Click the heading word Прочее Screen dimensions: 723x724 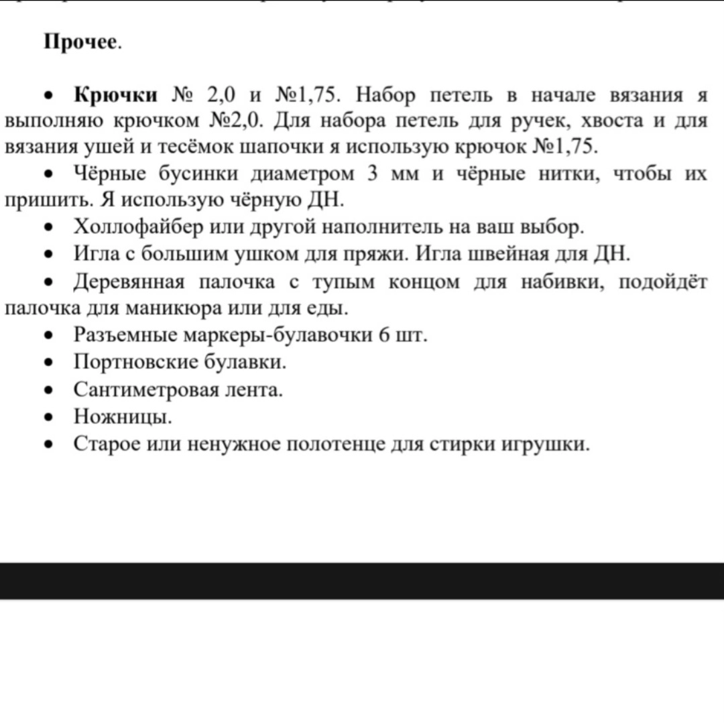pyautogui.click(x=82, y=43)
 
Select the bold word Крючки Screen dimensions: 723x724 pyautogui.click(x=115, y=96)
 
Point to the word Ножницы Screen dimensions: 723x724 pyautogui.click(x=123, y=417)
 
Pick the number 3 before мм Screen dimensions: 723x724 pyautogui.click(x=373, y=174)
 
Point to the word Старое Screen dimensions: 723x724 pyautogui.click(x=105, y=444)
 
